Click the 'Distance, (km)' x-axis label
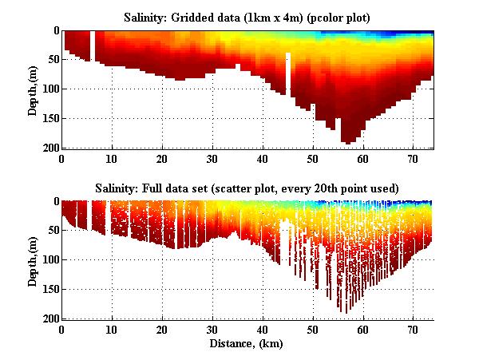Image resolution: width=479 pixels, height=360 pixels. pyautogui.click(x=247, y=344)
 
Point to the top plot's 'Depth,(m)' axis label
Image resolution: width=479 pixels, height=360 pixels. pyautogui.click(x=33, y=89)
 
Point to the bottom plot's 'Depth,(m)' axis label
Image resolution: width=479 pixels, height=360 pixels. pyautogui.click(x=33, y=260)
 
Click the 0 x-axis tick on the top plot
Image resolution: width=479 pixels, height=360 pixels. pyautogui.click(x=62, y=158)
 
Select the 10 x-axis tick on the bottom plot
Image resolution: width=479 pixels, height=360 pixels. pyautogui.click(x=113, y=329)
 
